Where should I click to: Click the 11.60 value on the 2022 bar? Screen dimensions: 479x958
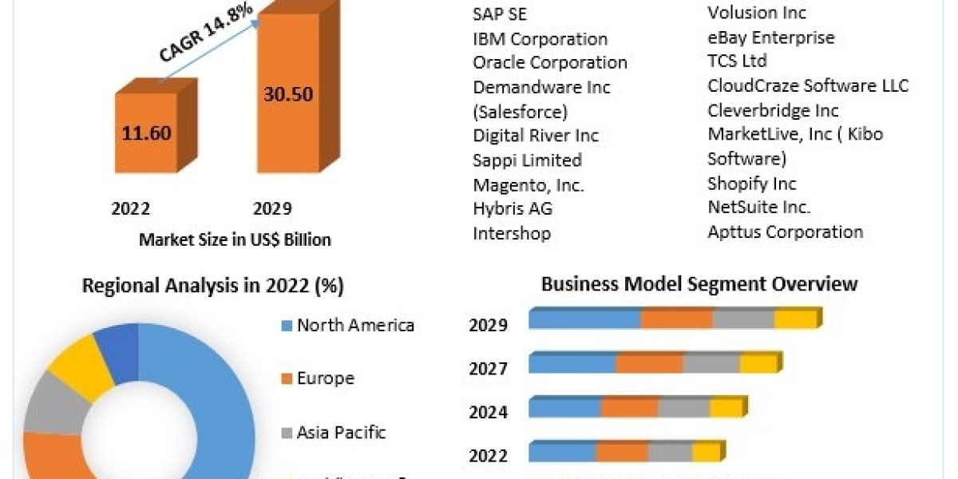[x=147, y=133]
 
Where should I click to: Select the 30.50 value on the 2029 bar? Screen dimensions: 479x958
[x=288, y=93]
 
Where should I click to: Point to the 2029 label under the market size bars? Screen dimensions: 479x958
[x=272, y=209]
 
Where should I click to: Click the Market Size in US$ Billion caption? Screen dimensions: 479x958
[x=235, y=239]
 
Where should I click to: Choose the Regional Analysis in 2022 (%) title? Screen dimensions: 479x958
[x=213, y=286]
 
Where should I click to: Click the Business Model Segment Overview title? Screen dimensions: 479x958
[x=699, y=283]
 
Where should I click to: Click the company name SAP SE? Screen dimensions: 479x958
[x=500, y=14]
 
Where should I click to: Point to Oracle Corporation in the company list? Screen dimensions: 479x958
[x=550, y=62]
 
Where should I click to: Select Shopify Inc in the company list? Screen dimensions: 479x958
[x=752, y=184]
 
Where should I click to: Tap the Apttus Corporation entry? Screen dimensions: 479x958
[x=786, y=232]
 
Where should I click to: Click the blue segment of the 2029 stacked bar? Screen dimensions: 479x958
[x=584, y=320]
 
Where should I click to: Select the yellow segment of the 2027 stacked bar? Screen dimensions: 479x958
[x=758, y=364]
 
